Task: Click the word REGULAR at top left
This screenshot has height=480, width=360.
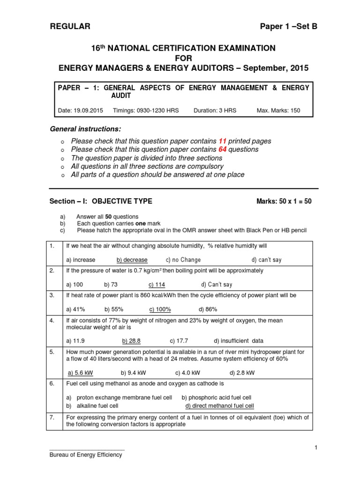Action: tap(70, 27)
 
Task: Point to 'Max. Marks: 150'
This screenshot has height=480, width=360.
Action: tap(278, 111)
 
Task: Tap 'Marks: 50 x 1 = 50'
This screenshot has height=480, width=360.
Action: tap(284, 202)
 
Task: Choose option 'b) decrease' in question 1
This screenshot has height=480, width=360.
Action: tap(132, 260)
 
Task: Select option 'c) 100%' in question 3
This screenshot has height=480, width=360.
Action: tap(160, 309)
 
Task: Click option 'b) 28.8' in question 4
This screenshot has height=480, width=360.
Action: tap(131, 341)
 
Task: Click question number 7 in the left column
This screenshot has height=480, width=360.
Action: tap(52, 418)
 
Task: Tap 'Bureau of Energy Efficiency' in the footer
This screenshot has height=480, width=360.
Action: tap(86, 455)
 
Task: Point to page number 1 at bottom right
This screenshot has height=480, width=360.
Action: tap(316, 448)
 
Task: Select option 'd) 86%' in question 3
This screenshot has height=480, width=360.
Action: tap(208, 309)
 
